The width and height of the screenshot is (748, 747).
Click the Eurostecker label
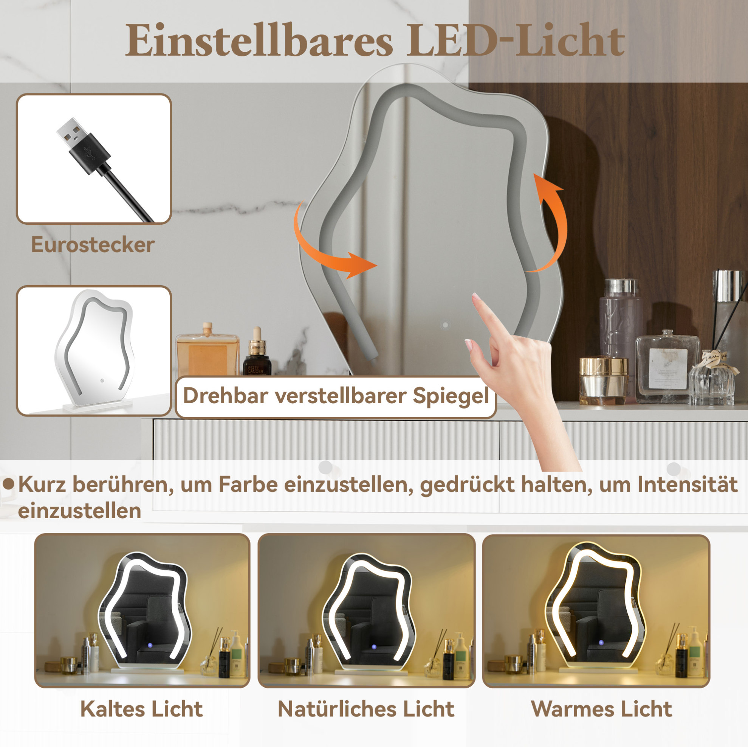click(93, 244)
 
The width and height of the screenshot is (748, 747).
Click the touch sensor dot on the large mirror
click(446, 325)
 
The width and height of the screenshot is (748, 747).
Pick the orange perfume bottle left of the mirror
click(208, 349)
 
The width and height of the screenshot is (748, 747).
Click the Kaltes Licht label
click(142, 709)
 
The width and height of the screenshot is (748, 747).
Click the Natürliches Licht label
click(366, 709)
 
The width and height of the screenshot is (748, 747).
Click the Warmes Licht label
click(602, 709)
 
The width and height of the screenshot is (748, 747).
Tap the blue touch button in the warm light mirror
click(601, 643)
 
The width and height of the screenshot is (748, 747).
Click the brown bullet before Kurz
click(9, 485)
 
